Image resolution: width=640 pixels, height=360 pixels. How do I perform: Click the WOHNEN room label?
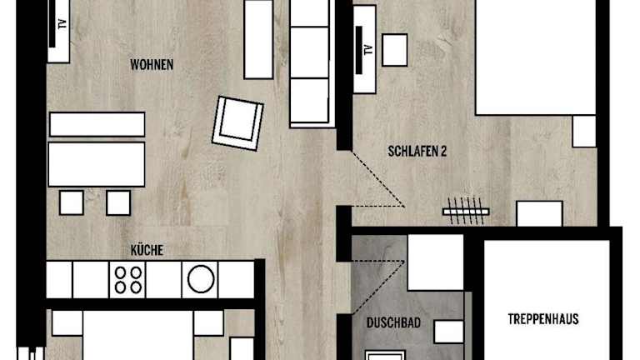point(152,64)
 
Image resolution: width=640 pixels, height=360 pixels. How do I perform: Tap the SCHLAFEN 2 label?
point(417,152)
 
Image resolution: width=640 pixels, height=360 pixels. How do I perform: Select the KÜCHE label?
point(147,250)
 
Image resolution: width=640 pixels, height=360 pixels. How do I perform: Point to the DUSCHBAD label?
point(393,322)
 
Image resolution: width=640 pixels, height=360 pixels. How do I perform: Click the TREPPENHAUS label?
point(542,319)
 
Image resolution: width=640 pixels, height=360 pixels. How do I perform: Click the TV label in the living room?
point(62,23)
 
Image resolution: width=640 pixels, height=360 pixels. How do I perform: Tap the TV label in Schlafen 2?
point(368,50)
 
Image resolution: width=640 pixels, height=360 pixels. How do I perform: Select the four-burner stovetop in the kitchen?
point(127,280)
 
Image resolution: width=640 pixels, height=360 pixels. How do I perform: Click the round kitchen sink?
point(201,280)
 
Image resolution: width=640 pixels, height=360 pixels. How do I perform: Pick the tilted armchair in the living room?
point(237,123)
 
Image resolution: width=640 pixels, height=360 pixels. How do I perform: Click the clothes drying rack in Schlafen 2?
point(466,212)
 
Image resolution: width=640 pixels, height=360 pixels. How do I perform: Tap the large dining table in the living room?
point(97,164)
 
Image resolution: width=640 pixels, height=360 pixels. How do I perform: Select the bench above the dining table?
point(97,124)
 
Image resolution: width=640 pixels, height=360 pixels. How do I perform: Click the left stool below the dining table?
point(72,202)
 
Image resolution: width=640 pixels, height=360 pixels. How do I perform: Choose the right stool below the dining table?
point(118,202)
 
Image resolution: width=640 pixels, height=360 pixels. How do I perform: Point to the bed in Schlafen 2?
point(536,57)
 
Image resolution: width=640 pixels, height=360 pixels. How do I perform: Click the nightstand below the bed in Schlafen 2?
point(584,132)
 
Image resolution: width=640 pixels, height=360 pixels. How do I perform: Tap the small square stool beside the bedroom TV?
point(395,50)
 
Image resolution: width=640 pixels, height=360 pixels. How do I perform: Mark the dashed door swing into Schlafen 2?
point(377,181)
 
